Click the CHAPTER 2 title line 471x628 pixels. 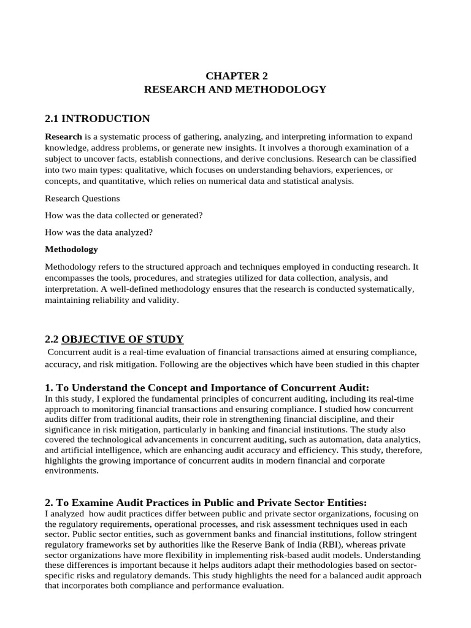click(236, 76)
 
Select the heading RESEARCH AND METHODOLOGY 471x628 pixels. click(235, 90)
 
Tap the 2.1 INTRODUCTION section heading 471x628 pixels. click(98, 118)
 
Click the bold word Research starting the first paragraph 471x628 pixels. click(63, 136)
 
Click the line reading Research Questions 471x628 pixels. click(83, 198)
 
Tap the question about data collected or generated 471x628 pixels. click(124, 215)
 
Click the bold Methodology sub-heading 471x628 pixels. click(71, 249)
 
